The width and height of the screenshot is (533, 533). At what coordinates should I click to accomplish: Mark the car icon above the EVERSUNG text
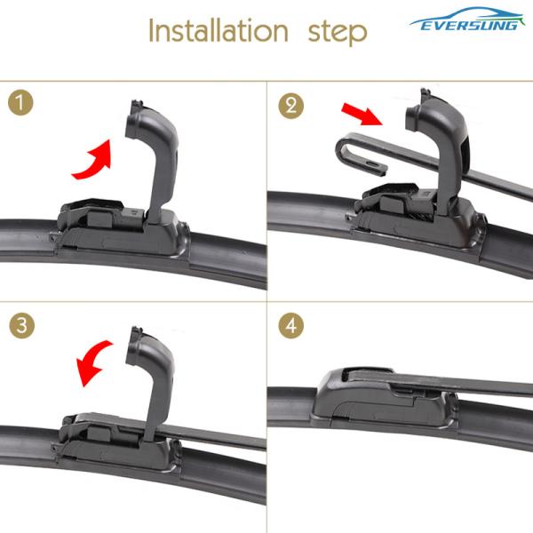466,15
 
